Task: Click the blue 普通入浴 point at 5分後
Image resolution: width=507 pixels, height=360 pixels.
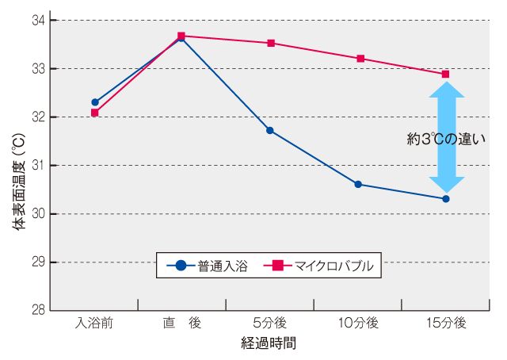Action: pyautogui.click(x=270, y=130)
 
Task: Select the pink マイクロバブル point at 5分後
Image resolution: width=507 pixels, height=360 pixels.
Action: pyautogui.click(x=271, y=43)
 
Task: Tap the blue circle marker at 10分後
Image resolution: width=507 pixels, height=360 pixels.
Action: pyautogui.click(x=358, y=184)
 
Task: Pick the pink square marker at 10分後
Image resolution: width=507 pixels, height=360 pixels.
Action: pyautogui.click(x=360, y=59)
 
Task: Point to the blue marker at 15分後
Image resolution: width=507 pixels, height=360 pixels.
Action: pyautogui.click(x=446, y=199)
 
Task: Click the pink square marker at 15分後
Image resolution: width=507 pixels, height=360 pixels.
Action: pyautogui.click(x=445, y=74)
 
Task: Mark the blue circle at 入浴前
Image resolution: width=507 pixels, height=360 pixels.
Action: pyautogui.click(x=95, y=102)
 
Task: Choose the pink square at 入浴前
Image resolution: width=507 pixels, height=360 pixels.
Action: pyautogui.click(x=94, y=113)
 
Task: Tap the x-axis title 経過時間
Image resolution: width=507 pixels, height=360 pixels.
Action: pyautogui.click(x=269, y=344)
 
